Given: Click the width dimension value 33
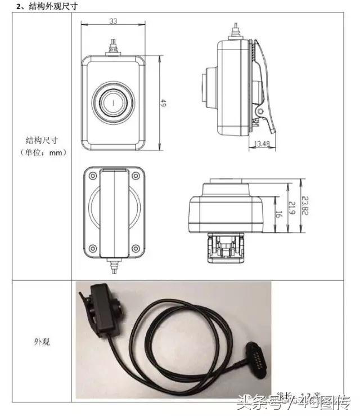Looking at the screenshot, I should click(x=112, y=21).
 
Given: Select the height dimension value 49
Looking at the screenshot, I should click(x=164, y=103).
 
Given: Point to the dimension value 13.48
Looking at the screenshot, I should click(x=262, y=144).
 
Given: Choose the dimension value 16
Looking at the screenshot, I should click(x=278, y=214).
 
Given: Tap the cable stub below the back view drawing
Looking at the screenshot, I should click(x=114, y=265).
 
